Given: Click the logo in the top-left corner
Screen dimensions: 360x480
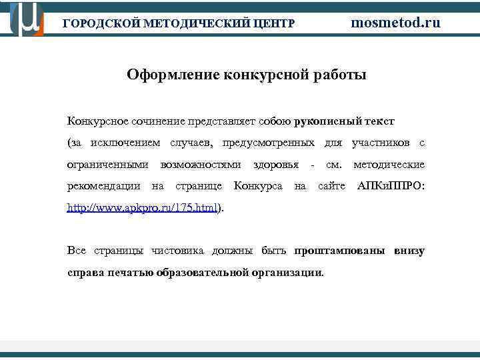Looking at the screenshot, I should (x=27, y=18).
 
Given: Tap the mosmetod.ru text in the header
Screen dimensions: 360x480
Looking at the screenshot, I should (x=396, y=22).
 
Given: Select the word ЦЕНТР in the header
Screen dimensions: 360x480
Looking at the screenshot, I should (x=273, y=23).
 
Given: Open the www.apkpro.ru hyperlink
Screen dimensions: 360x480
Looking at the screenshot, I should (x=143, y=208).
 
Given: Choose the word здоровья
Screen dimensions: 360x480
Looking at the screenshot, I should (x=276, y=164).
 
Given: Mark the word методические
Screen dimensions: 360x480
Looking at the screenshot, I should (x=389, y=164).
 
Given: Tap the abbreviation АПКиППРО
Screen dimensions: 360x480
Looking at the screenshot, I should (x=391, y=185).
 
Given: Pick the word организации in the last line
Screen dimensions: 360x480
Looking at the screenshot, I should (x=288, y=272).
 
